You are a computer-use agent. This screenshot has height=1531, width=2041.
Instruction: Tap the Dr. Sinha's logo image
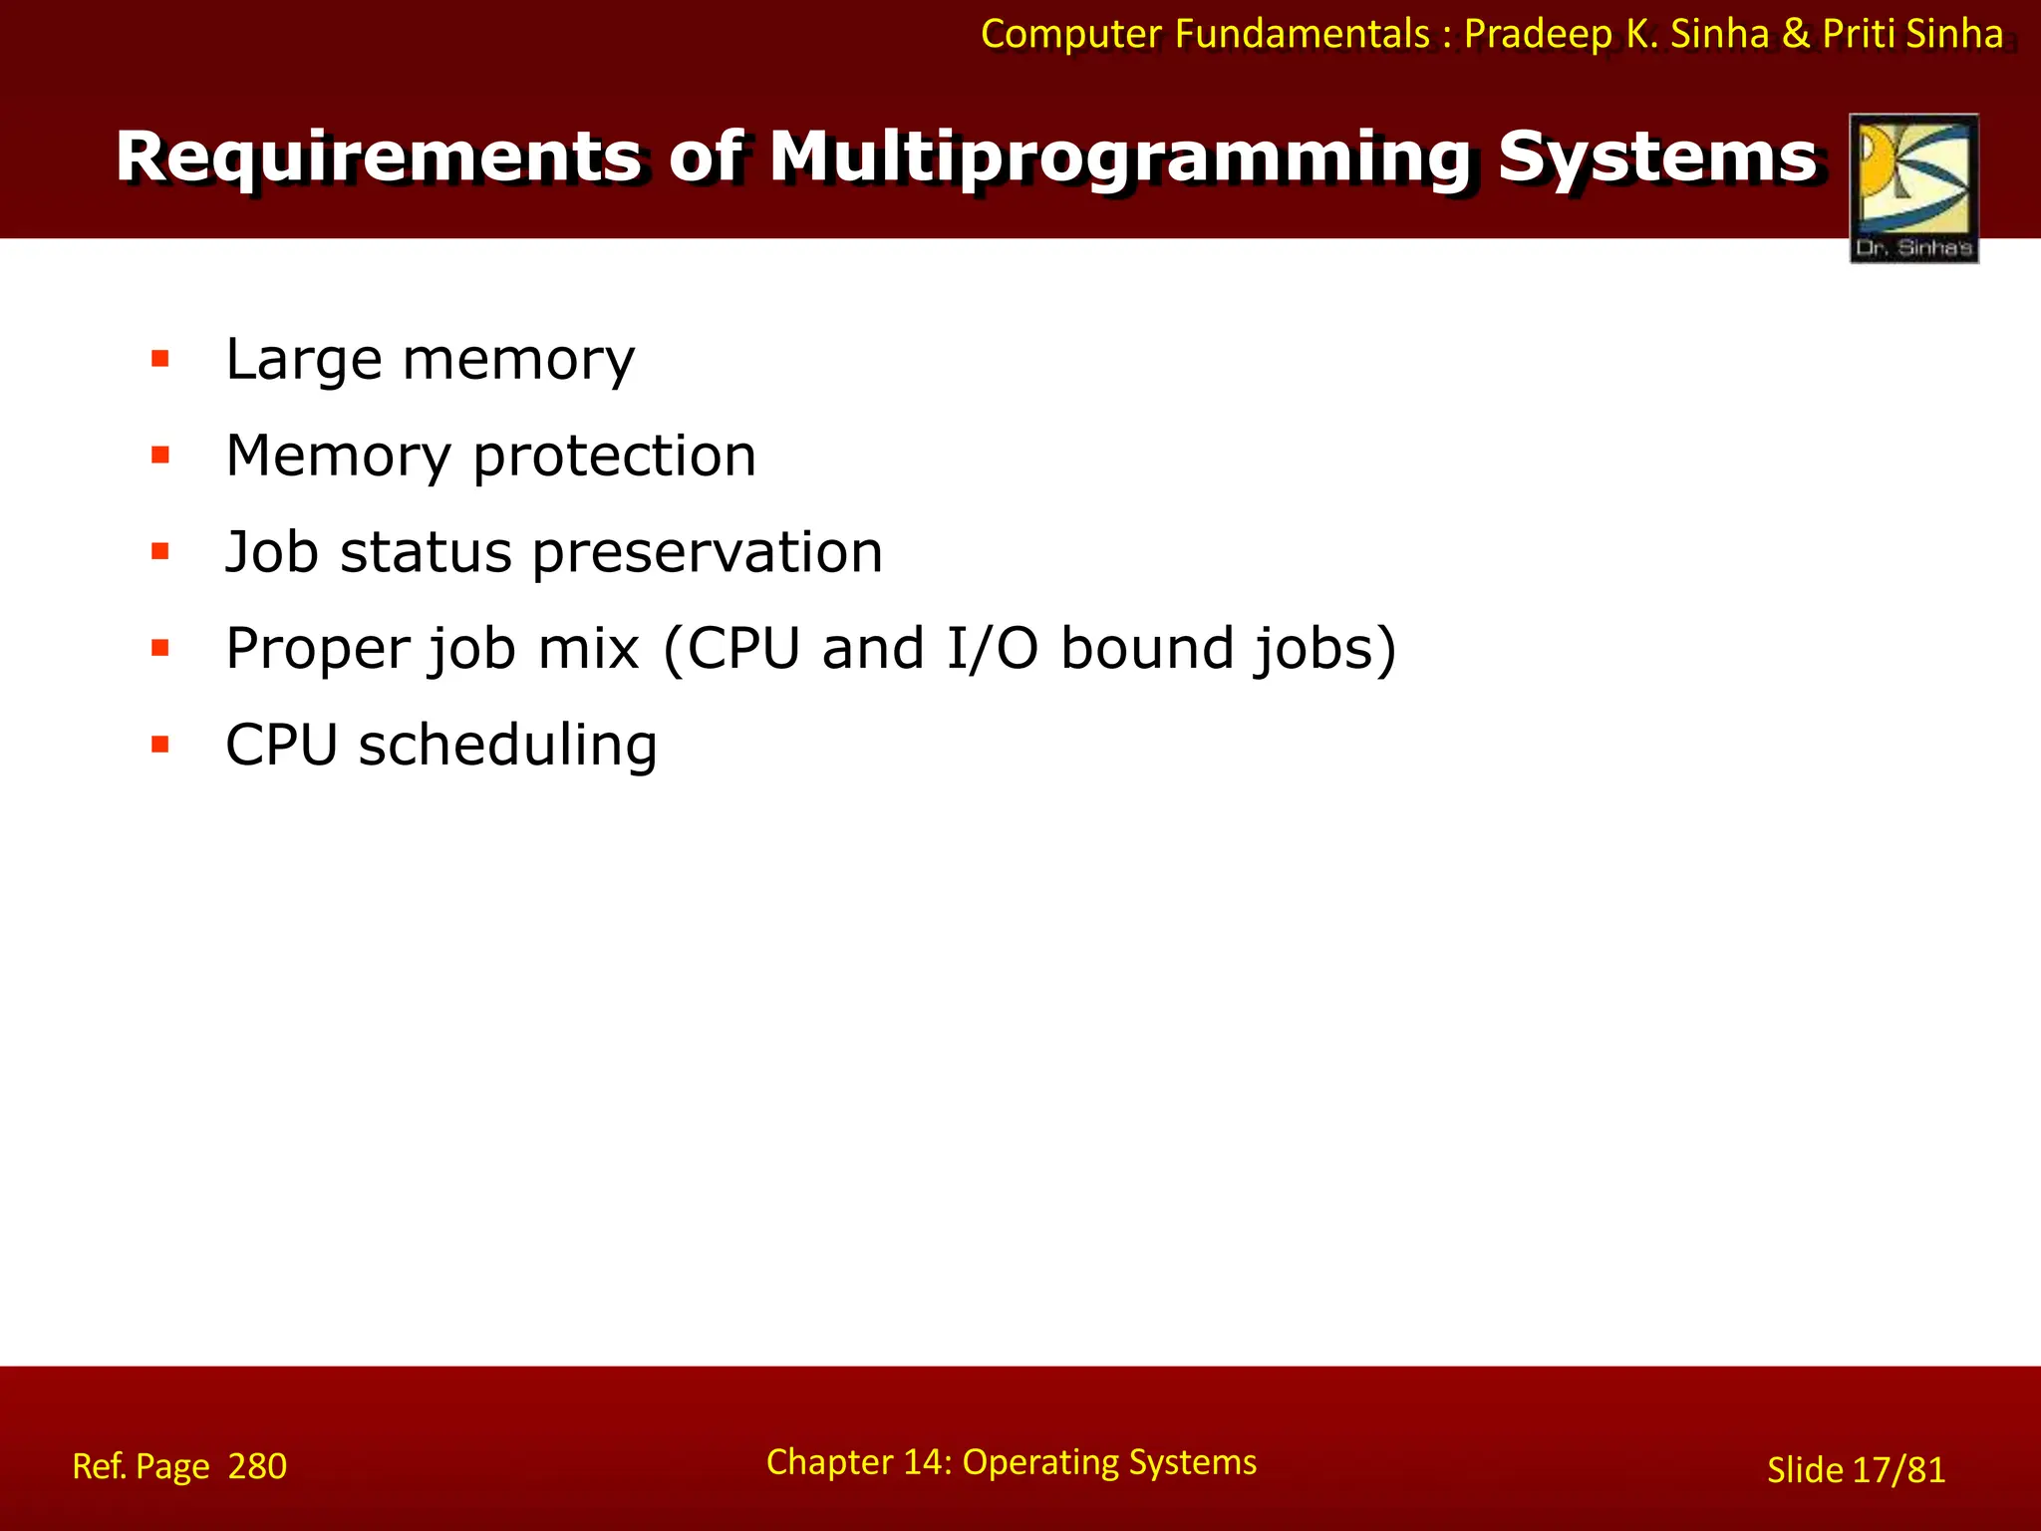pos(1913,188)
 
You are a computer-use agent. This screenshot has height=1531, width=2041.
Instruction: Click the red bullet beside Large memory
pos(160,359)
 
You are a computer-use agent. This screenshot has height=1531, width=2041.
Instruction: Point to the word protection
pos(614,457)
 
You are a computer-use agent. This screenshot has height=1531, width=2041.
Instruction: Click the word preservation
pos(707,553)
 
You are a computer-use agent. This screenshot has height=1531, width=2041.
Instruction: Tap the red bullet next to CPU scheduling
pos(160,745)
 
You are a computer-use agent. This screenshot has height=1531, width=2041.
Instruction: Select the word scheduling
pos(507,746)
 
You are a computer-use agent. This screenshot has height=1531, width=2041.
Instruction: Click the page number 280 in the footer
pos(257,1466)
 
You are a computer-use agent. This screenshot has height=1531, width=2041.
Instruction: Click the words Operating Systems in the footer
pos(1108,1462)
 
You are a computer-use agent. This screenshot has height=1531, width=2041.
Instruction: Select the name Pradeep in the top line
pos(1538,35)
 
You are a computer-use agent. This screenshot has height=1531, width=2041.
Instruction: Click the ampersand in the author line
pos(1795,35)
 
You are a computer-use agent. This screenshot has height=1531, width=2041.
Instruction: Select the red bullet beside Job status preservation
pos(160,551)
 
